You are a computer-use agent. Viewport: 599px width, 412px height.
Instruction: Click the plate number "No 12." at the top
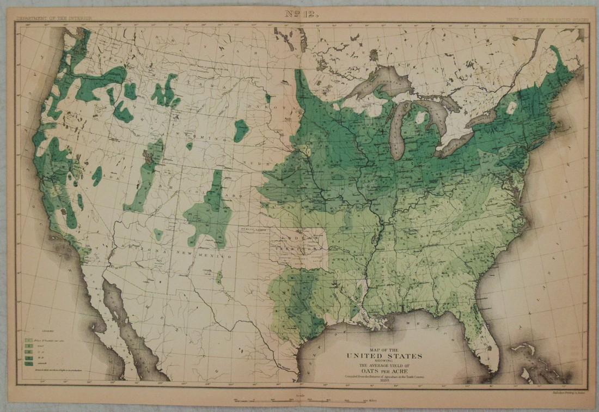point(299,13)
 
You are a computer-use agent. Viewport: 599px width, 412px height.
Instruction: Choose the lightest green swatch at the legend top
point(26,338)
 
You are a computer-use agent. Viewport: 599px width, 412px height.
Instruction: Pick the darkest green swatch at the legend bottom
point(26,362)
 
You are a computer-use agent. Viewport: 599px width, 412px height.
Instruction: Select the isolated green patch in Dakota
point(241,130)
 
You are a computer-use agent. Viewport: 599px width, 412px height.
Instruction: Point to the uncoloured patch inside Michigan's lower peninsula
point(419,117)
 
